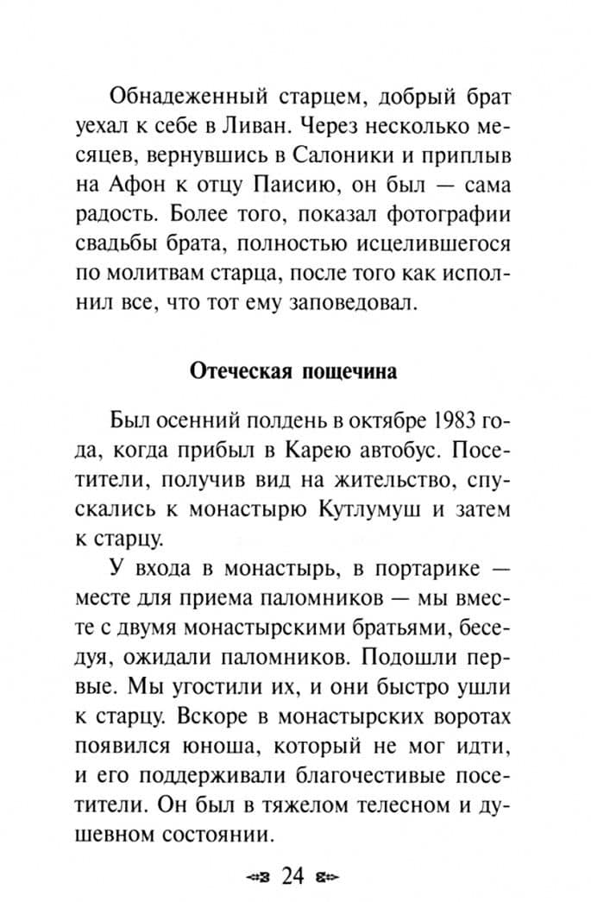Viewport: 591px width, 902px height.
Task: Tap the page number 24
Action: (x=293, y=877)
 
